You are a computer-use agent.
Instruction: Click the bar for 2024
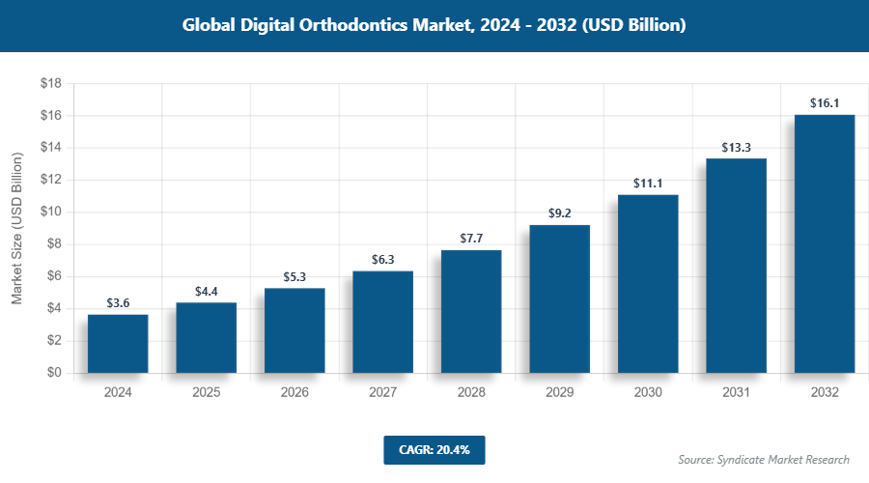click(x=118, y=344)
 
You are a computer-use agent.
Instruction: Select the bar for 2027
click(x=382, y=322)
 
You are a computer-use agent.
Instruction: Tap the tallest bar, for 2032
click(x=824, y=243)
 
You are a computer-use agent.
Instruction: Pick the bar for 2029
click(x=559, y=298)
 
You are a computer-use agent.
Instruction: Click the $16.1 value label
click(x=824, y=101)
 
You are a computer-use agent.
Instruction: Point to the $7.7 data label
click(x=471, y=237)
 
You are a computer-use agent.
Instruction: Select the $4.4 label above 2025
click(x=206, y=290)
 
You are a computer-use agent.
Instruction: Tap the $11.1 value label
click(x=648, y=182)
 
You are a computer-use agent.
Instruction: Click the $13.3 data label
click(x=736, y=147)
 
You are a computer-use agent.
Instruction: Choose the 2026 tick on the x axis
click(x=294, y=393)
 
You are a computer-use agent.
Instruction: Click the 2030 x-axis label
click(x=648, y=393)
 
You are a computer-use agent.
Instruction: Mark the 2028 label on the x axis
click(x=471, y=393)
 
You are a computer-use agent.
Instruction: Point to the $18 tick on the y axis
click(x=50, y=84)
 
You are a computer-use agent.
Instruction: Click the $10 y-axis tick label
click(x=50, y=213)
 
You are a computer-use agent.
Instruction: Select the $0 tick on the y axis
click(x=54, y=373)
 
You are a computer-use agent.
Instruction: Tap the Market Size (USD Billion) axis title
click(x=16, y=228)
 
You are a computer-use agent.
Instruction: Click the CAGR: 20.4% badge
click(x=434, y=449)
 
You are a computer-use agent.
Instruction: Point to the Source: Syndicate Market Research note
click(x=764, y=459)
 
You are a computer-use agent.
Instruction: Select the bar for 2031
click(x=736, y=266)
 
